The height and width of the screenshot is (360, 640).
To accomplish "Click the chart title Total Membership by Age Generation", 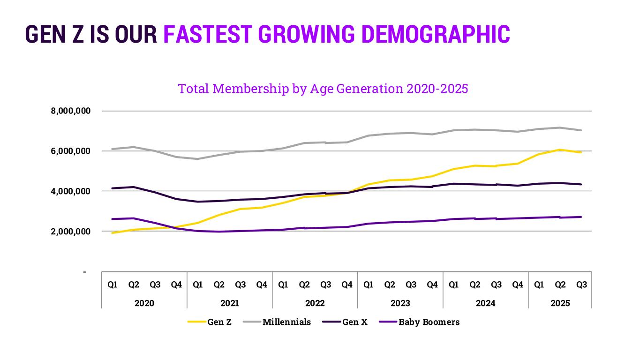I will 323,89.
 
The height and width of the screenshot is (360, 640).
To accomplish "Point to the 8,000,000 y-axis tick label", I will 70,111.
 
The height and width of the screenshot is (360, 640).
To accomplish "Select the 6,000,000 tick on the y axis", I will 70,151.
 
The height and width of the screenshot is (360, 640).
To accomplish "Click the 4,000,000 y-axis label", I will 70,191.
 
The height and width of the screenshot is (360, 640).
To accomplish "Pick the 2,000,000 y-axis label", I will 70,231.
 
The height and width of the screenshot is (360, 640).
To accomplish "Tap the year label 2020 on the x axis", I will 144,303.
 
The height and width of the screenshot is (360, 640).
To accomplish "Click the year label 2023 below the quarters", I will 400,303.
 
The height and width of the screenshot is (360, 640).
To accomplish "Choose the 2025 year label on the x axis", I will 560,303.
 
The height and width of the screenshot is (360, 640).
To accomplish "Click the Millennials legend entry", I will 286,322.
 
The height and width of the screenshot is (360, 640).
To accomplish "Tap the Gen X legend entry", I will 354,322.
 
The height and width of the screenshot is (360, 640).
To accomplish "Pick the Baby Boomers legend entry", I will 429,322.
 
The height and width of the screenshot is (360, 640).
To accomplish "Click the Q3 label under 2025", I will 581,285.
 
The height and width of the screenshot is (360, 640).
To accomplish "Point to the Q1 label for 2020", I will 113,285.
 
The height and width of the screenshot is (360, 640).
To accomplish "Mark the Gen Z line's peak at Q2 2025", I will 560,150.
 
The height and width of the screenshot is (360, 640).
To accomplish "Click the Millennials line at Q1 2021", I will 198,159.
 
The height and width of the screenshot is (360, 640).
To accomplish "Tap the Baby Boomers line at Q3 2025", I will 581,217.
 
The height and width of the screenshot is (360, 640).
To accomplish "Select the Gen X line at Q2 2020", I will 134,187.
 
